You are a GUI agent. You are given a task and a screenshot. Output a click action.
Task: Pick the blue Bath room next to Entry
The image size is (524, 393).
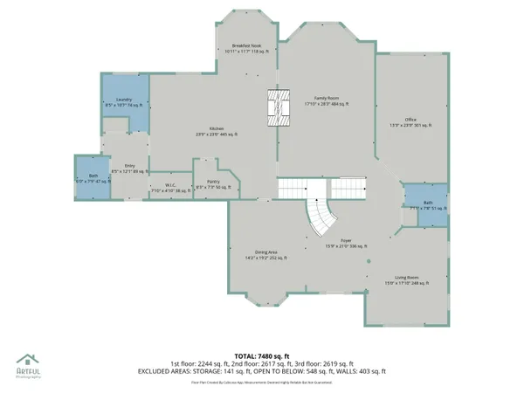pyautogui.click(x=93, y=179)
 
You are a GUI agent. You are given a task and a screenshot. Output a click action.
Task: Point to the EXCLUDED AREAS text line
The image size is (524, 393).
pyautogui.click(x=261, y=370)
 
